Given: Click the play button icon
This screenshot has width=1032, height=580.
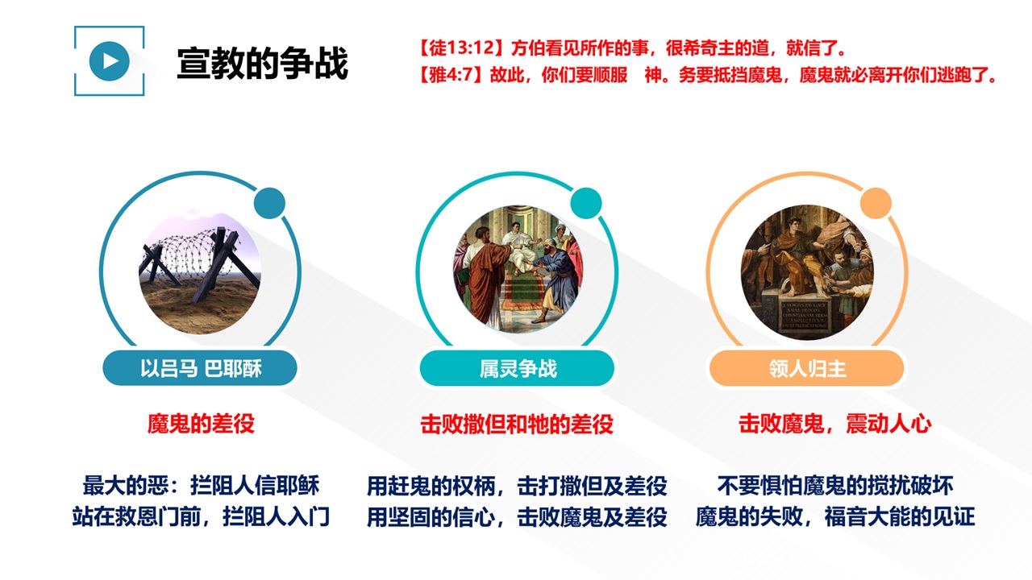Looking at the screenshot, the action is pos(109,60).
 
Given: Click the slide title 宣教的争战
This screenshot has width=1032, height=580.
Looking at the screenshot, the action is pos(263,63).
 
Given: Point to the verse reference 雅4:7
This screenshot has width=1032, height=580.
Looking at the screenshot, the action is pos(451,75).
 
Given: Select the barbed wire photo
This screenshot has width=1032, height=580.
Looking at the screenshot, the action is pos(200,273).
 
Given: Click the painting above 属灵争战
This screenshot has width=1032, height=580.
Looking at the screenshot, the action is pos(518,269).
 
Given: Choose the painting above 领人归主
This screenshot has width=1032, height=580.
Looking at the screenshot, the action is pos(807,272).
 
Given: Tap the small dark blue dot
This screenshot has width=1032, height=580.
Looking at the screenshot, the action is pos(269,203).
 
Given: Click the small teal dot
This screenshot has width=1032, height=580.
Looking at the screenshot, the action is pos(585,203).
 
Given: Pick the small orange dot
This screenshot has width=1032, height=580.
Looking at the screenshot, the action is pos(876,203).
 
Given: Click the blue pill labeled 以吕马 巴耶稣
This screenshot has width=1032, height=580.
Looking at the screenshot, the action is pos(200,368).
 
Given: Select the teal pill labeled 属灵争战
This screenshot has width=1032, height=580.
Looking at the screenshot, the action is pos(517,368).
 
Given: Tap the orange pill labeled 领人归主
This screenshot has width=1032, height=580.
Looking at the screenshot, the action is pos(807,368).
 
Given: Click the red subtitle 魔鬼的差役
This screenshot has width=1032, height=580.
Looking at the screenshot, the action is pos(201,424).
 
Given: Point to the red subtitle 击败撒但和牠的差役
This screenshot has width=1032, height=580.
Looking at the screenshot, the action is pos(517,424).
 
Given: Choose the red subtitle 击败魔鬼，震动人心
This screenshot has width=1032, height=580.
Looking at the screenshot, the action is pos(834,424).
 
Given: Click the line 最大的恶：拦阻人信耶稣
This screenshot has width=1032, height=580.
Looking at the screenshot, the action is pos(201,486).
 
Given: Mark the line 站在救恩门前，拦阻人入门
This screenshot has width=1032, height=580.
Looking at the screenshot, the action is pos(201,516).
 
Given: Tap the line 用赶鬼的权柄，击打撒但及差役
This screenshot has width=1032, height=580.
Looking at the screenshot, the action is pos(517,486).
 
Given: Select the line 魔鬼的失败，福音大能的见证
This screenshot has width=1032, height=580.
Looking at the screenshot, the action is pos(834,516).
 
